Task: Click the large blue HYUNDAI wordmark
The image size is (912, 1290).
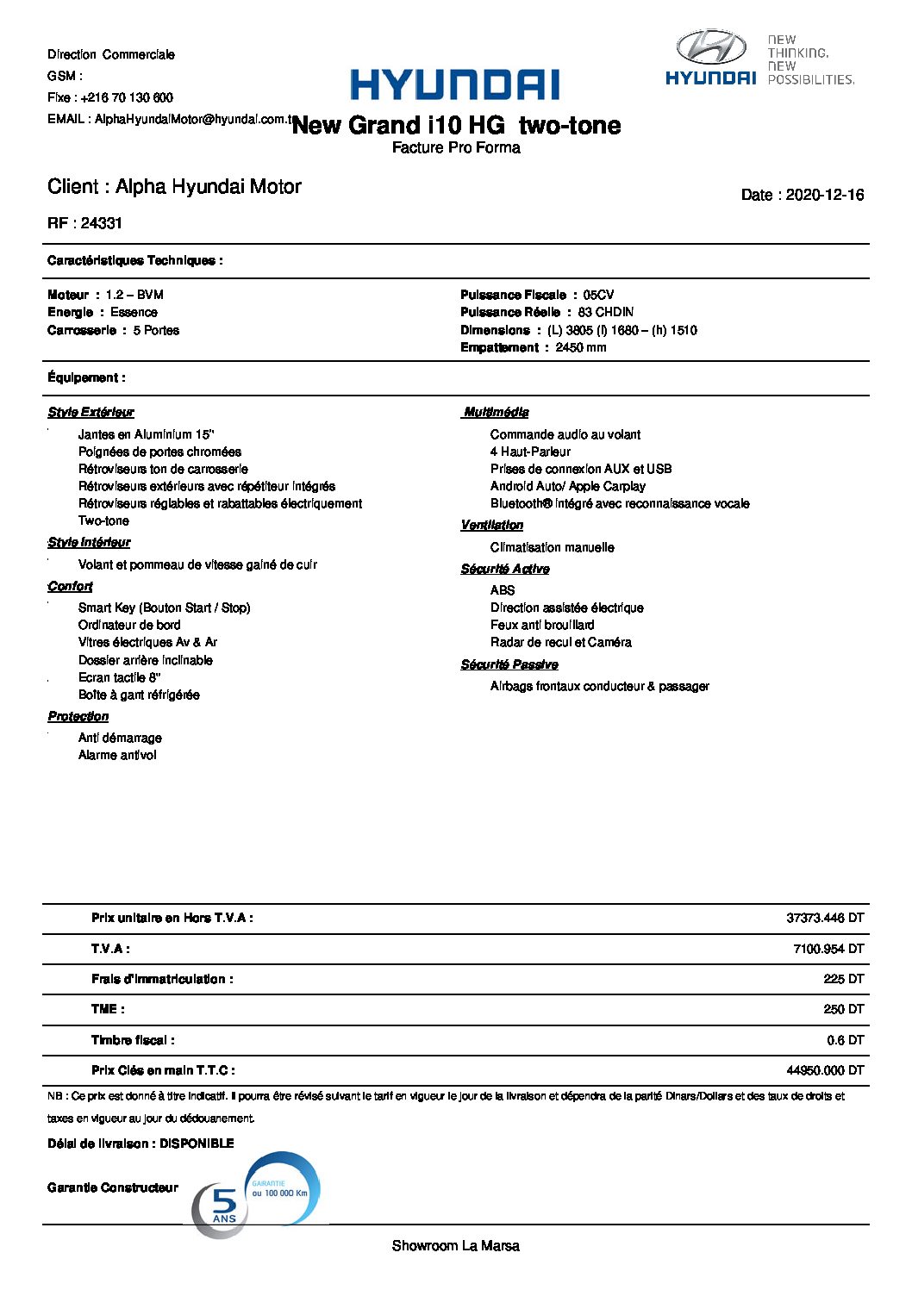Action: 454,85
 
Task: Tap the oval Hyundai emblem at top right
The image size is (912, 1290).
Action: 711,47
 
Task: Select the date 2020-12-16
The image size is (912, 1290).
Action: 824,195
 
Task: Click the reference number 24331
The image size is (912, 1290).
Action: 102,223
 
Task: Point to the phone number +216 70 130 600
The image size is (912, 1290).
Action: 127,97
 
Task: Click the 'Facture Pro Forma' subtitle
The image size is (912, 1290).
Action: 456,148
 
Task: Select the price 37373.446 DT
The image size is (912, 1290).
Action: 825,918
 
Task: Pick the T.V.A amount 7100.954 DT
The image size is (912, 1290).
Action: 828,949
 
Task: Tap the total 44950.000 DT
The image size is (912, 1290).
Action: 825,1070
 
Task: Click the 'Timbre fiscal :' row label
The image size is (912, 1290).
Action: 133,1040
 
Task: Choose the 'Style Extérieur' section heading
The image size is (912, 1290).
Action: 91,412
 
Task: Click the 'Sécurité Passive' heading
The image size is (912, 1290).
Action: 509,664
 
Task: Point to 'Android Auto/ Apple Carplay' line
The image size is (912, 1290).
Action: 567,486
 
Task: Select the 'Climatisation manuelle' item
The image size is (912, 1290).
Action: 552,547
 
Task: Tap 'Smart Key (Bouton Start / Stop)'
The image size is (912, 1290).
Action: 164,608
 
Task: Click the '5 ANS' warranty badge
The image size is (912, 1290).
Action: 223,1206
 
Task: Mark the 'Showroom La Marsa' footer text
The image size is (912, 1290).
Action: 455,1246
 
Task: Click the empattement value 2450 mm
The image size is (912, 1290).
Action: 580,347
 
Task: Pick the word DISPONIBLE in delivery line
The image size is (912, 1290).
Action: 197,1144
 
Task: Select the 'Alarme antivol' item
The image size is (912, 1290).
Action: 117,755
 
